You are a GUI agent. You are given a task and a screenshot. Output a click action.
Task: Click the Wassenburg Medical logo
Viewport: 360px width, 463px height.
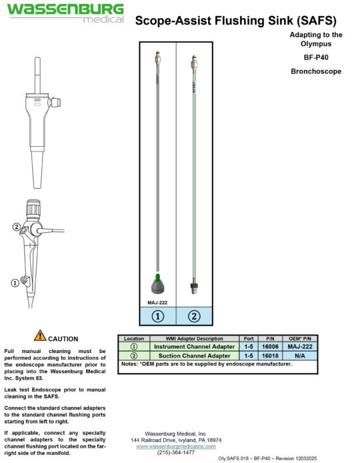[65, 13]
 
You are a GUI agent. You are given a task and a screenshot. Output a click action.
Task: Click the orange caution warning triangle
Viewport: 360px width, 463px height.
[40, 336]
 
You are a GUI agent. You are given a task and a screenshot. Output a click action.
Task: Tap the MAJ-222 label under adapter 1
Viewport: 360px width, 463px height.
[157, 303]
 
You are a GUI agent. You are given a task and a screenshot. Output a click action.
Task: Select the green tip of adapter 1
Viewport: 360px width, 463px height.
[157, 277]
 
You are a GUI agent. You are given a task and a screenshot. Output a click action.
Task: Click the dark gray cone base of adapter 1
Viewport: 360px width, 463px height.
[158, 287]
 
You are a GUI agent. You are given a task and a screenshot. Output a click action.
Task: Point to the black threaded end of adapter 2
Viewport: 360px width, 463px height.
[194, 288]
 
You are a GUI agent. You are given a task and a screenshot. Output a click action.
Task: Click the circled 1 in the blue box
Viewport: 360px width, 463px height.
[157, 316]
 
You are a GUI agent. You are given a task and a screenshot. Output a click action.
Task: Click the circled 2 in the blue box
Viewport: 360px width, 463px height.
[194, 316]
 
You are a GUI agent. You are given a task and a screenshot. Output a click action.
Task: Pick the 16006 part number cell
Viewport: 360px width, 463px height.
[270, 346]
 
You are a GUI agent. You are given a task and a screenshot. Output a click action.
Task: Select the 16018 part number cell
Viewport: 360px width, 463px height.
[270, 356]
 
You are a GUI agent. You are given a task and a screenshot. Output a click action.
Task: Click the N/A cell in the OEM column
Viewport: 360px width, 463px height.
[300, 356]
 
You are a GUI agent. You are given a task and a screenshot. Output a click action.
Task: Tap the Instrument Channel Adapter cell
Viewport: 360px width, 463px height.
[194, 346]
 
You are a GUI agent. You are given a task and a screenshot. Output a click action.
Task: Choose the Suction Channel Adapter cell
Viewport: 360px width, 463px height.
[194, 356]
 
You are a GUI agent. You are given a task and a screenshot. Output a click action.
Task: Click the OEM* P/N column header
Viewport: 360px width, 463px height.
[300, 339]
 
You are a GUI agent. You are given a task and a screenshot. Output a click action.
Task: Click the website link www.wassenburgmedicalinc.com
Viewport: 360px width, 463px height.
[176, 446]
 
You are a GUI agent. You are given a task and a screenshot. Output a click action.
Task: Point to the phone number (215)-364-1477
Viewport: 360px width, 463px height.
[176, 452]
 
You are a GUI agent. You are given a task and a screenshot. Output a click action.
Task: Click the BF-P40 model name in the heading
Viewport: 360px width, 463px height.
[316, 57]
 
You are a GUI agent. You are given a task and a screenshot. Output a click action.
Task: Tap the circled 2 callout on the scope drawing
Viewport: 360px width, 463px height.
[17, 227]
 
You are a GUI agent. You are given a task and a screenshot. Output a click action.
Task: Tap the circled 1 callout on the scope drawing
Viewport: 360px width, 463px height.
[15, 283]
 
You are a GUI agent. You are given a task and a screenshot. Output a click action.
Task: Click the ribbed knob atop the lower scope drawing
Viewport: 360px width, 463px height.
[33, 208]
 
